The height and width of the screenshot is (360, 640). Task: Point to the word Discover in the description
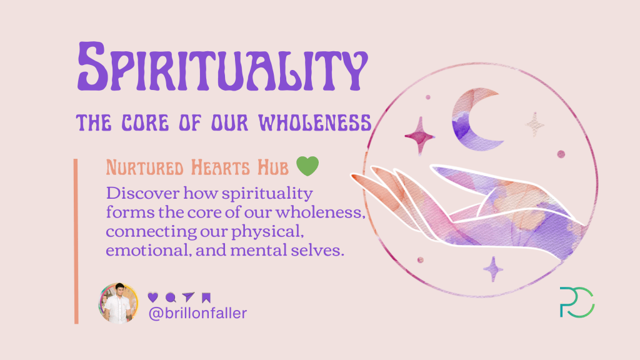[137, 191]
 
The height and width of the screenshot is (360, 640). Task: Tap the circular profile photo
[118, 303]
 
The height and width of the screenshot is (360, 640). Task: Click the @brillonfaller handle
[197, 313]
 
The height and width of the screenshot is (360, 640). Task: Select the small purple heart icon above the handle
[152, 297]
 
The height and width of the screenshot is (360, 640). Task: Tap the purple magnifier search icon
[171, 297]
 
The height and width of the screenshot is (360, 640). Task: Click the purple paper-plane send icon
[189, 297]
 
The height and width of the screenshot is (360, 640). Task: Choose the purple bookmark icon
[206, 297]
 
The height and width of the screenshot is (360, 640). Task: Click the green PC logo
[577, 302]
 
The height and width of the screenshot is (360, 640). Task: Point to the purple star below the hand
[493, 269]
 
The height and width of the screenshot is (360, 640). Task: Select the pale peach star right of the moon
[534, 123]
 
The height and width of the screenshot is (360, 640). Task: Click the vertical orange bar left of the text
[76, 241]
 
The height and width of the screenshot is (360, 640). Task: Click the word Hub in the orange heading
[273, 167]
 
